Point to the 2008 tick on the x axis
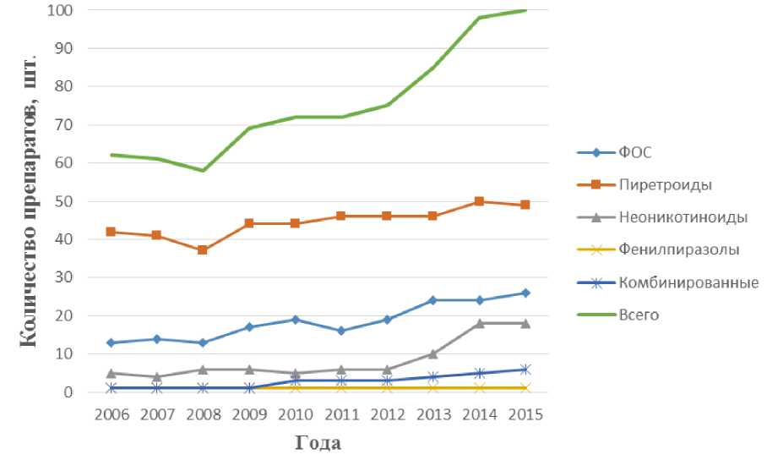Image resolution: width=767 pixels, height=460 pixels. pyautogui.click(x=203, y=415)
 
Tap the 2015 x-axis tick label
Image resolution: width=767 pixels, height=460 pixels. pyautogui.click(x=525, y=415)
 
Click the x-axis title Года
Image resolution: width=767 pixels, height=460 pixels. pyautogui.click(x=318, y=442)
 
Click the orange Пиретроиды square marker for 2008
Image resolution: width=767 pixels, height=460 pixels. pyautogui.click(x=203, y=250)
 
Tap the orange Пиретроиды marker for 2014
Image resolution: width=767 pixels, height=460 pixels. pyautogui.click(x=479, y=201)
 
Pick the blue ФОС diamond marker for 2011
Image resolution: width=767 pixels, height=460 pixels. pyautogui.click(x=341, y=331)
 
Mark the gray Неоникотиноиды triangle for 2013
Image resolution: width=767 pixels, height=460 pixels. pyautogui.click(x=432, y=353)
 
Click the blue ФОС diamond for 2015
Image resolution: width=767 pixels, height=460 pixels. pyautogui.click(x=525, y=293)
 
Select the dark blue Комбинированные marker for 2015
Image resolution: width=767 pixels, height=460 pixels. pyautogui.click(x=525, y=370)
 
